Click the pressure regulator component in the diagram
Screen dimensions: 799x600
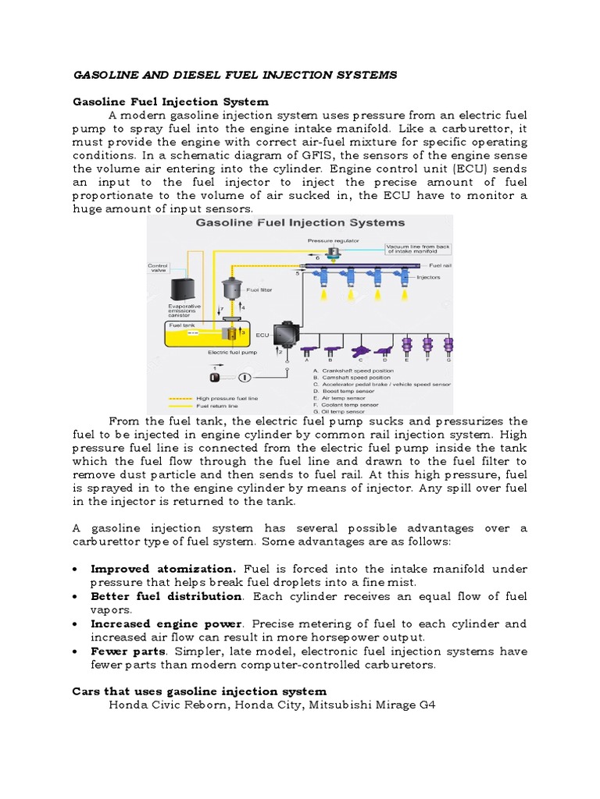(334, 254)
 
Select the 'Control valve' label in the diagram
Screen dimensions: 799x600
(158, 268)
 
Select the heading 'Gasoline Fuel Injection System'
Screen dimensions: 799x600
(170, 101)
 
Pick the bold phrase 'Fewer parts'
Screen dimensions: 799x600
(128, 651)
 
